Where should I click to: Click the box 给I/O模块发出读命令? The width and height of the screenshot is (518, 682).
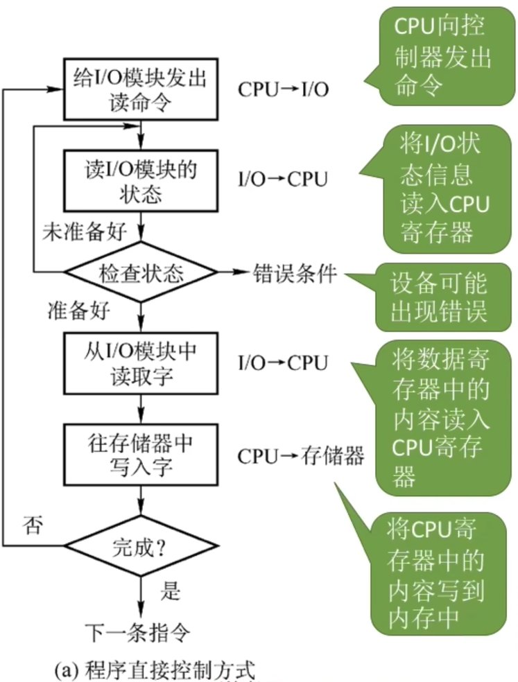click(140, 89)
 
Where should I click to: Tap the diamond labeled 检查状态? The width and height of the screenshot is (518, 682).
click(140, 274)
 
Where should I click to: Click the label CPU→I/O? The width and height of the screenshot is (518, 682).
click(284, 90)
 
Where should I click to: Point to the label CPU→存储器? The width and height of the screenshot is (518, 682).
click(301, 456)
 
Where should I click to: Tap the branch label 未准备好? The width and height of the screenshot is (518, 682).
click(85, 231)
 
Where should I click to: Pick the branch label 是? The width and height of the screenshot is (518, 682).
click(171, 591)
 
